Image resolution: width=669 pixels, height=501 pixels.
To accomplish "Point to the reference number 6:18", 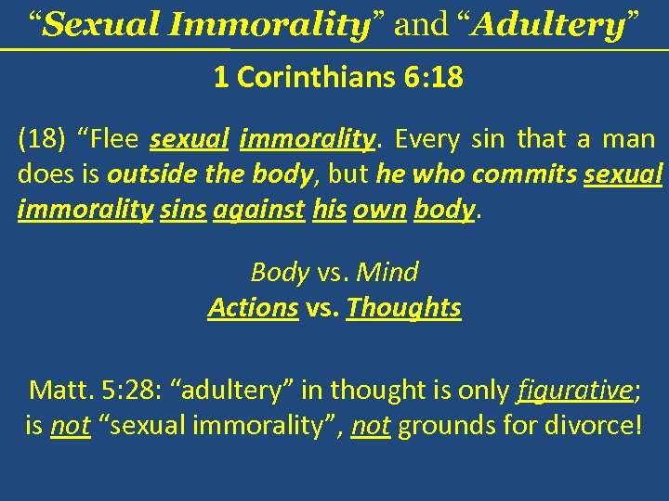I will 433,78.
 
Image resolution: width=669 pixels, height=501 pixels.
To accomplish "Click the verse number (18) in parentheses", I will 41,140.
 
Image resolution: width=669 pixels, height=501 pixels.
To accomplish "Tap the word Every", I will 427,140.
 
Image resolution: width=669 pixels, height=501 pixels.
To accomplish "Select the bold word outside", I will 145,175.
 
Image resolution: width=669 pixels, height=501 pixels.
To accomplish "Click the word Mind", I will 387,273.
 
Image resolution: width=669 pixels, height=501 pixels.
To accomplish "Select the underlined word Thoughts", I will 403,307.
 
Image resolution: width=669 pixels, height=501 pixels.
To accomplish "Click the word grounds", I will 441,427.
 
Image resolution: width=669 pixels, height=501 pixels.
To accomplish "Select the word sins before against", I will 182,211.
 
